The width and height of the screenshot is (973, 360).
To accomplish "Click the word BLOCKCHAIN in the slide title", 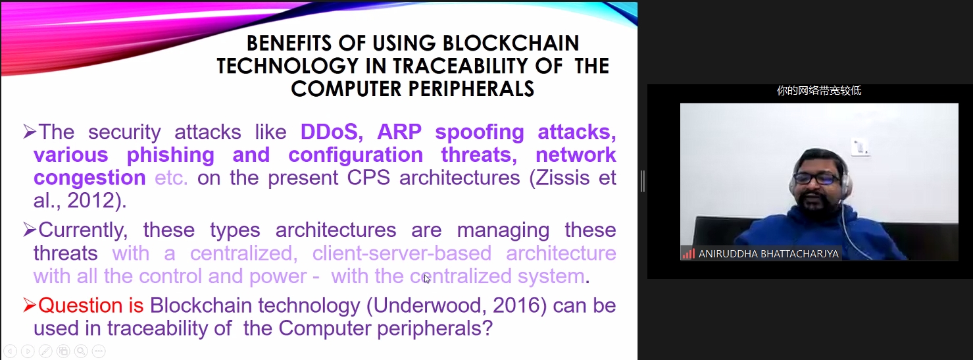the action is pos(511,43).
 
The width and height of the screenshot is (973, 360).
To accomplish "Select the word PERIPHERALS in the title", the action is pos(471,89).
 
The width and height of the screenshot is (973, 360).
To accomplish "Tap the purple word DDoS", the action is pos(332,132).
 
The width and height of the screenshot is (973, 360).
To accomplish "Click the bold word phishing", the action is pos(170,155).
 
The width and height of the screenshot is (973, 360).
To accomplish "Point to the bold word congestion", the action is pos(89,178).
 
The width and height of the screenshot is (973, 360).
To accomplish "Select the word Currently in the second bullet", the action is pos(82,230).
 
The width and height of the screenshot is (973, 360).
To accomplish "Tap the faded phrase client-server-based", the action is pos(402,253).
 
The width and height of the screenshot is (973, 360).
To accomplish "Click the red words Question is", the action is pos(91,305).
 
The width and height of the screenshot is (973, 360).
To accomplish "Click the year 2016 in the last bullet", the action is pos(516,305).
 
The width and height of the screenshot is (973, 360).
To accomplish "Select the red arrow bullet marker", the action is pos(29,305).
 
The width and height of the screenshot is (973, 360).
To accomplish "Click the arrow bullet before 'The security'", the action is pos(29,132).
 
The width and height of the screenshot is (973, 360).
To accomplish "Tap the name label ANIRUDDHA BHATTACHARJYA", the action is pos(768,254).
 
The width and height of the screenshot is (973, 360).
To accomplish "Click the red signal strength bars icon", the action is pos(689,253).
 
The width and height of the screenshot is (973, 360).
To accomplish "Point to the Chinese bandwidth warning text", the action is pos(819,90).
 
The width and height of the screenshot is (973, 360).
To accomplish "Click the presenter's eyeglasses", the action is pos(815,178).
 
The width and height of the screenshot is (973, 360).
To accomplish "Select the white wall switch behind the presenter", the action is pos(860,147).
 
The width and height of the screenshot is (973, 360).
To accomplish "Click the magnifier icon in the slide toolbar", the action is pos(81,351).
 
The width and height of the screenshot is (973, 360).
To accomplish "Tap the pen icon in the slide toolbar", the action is pos(45,351).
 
